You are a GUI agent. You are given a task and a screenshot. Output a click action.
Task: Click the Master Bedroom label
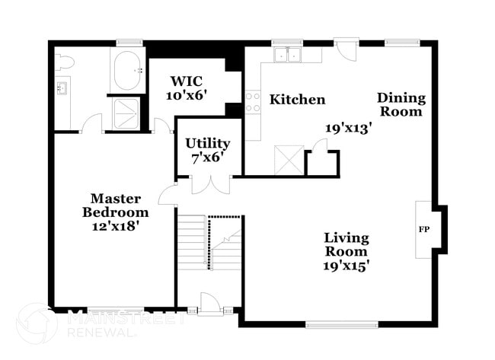tap(115, 205)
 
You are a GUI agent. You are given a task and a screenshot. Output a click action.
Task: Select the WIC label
tap(187, 81)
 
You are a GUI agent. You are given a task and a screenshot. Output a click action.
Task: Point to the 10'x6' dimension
tap(187, 95)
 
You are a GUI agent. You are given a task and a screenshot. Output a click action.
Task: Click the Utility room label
tap(208, 143)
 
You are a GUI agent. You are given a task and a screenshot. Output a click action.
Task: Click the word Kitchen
tap(298, 100)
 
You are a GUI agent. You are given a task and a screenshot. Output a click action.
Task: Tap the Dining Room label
tap(401, 104)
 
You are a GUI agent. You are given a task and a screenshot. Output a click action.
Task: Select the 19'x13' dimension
tap(347, 129)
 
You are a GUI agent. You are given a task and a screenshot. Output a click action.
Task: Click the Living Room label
tap(346, 244)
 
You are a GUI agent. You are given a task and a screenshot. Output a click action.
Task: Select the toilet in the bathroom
tap(65, 62)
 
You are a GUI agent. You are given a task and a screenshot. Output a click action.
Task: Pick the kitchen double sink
tap(288, 54)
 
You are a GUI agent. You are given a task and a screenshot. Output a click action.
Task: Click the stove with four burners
tap(253, 102)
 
